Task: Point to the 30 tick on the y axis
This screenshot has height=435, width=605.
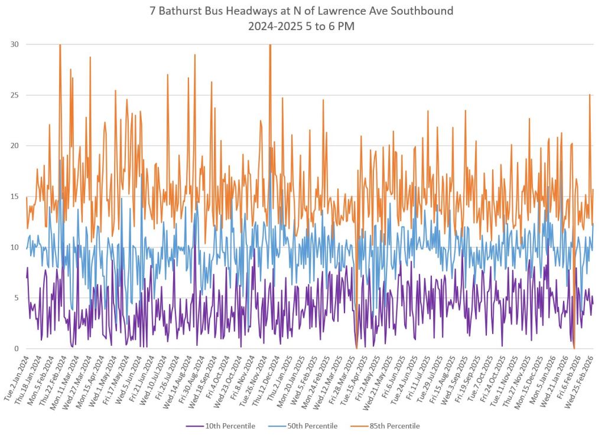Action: (x=14, y=44)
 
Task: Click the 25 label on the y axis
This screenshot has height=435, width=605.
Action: (x=14, y=95)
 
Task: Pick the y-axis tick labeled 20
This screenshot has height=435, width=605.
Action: (x=14, y=146)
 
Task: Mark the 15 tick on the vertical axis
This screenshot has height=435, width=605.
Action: (x=14, y=197)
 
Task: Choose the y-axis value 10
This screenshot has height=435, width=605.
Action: (x=14, y=247)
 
